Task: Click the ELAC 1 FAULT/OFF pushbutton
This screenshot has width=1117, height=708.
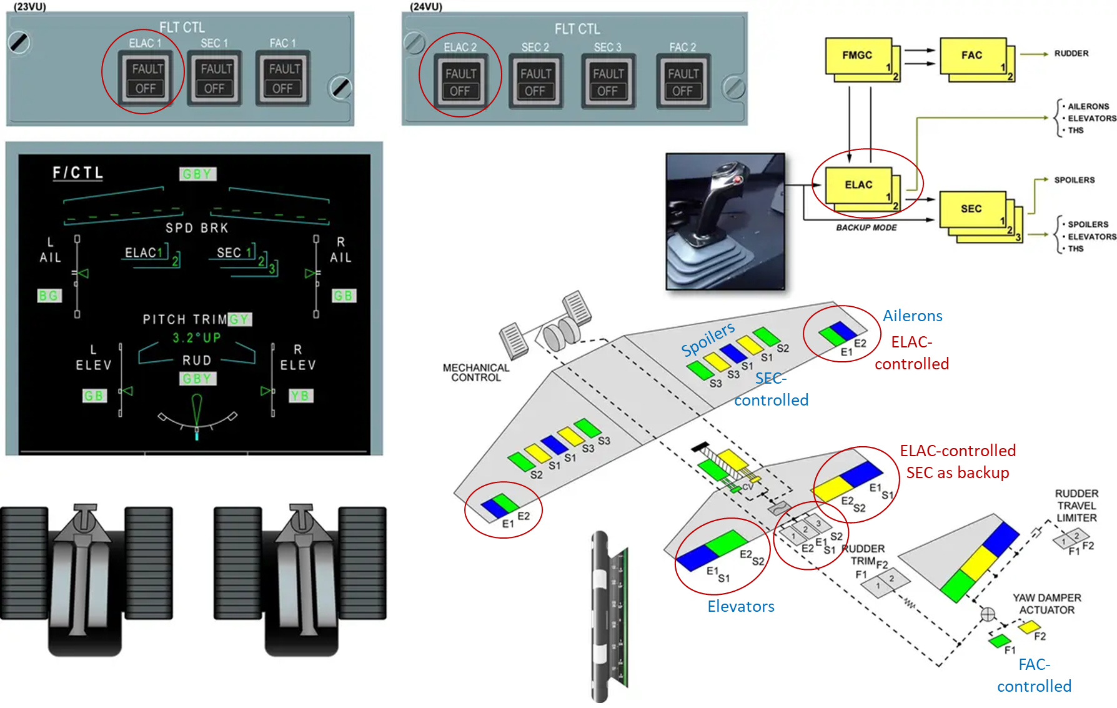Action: point(146,78)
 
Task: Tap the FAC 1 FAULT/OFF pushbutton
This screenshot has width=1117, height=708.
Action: point(283,78)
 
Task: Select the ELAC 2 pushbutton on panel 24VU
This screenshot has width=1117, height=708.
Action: point(460,82)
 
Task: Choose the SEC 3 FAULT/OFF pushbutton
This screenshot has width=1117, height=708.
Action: point(608,82)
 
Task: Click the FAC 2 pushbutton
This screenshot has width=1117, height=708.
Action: point(683,82)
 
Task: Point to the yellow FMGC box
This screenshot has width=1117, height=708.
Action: point(858,56)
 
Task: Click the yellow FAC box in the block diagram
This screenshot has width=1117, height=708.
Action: point(973,56)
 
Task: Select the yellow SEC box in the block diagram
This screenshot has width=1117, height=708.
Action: point(972,209)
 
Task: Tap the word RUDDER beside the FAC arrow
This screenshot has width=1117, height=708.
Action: point(1071,54)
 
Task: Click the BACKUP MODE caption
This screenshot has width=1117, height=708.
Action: point(866,228)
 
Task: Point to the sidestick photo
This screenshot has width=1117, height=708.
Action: point(725,221)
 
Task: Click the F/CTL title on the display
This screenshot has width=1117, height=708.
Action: point(77,173)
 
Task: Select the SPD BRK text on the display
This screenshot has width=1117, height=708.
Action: point(197,228)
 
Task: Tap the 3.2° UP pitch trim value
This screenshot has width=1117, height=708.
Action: point(196,338)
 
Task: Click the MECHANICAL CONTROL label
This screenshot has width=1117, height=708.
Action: point(476,372)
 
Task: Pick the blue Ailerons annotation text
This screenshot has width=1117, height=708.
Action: point(912,316)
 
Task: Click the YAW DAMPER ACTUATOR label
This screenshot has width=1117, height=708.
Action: point(1046,604)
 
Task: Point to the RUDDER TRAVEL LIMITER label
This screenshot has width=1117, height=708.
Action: point(1076,506)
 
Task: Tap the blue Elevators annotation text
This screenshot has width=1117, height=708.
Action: point(741,607)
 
